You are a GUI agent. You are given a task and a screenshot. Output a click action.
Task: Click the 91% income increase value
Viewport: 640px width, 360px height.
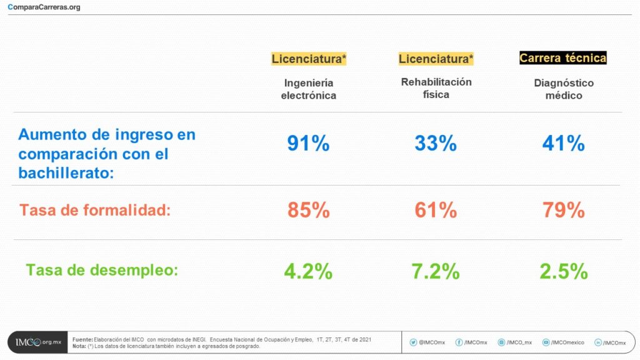click(308, 143)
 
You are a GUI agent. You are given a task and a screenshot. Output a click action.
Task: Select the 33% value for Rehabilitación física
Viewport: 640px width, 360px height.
click(436, 143)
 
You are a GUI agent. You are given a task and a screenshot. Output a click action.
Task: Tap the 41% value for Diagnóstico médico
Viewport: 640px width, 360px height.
click(563, 143)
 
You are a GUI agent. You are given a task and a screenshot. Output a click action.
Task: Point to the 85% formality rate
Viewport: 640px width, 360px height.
click(308, 210)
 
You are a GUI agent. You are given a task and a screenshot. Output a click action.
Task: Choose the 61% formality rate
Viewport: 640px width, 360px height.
click(436, 210)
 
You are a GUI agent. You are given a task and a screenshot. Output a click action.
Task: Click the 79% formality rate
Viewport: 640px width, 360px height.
click(563, 210)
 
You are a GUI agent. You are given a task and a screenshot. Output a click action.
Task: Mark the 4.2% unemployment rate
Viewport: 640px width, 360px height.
click(308, 271)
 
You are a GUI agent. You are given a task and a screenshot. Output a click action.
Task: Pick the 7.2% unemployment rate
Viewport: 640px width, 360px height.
click(436, 271)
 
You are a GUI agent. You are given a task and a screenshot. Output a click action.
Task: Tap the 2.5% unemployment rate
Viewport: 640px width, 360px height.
click(563, 271)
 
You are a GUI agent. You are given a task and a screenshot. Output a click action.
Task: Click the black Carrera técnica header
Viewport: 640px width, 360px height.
click(563, 58)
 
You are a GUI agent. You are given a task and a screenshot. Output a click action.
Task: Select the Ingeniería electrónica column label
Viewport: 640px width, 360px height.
click(308, 89)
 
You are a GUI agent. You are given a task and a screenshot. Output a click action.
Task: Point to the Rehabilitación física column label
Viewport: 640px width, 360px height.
click(436, 88)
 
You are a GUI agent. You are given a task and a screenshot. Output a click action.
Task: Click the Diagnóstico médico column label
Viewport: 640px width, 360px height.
click(563, 89)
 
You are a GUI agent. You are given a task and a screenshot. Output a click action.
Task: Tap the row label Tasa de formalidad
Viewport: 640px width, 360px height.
click(95, 210)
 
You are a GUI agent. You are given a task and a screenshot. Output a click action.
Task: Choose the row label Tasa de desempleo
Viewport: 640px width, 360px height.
click(102, 270)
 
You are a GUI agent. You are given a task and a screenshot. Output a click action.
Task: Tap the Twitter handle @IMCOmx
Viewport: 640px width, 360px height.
click(427, 342)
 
